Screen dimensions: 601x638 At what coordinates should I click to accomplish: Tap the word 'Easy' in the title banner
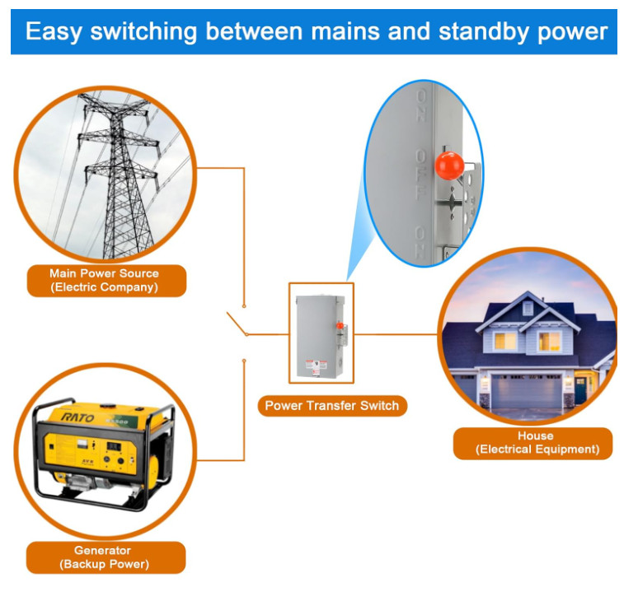(x=54, y=31)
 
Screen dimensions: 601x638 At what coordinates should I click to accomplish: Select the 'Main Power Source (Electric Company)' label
(x=104, y=280)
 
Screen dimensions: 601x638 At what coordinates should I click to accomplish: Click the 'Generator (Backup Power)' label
(x=103, y=557)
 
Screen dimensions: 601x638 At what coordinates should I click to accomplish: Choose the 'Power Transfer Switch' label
(x=331, y=405)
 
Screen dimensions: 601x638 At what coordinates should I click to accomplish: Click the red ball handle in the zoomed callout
(x=448, y=165)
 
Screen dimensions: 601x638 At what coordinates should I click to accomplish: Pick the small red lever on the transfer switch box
(x=339, y=326)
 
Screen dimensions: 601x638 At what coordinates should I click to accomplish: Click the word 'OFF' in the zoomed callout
(x=422, y=179)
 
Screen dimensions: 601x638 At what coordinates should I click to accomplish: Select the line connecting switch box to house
(x=396, y=334)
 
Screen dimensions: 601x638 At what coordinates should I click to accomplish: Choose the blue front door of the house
(x=580, y=388)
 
